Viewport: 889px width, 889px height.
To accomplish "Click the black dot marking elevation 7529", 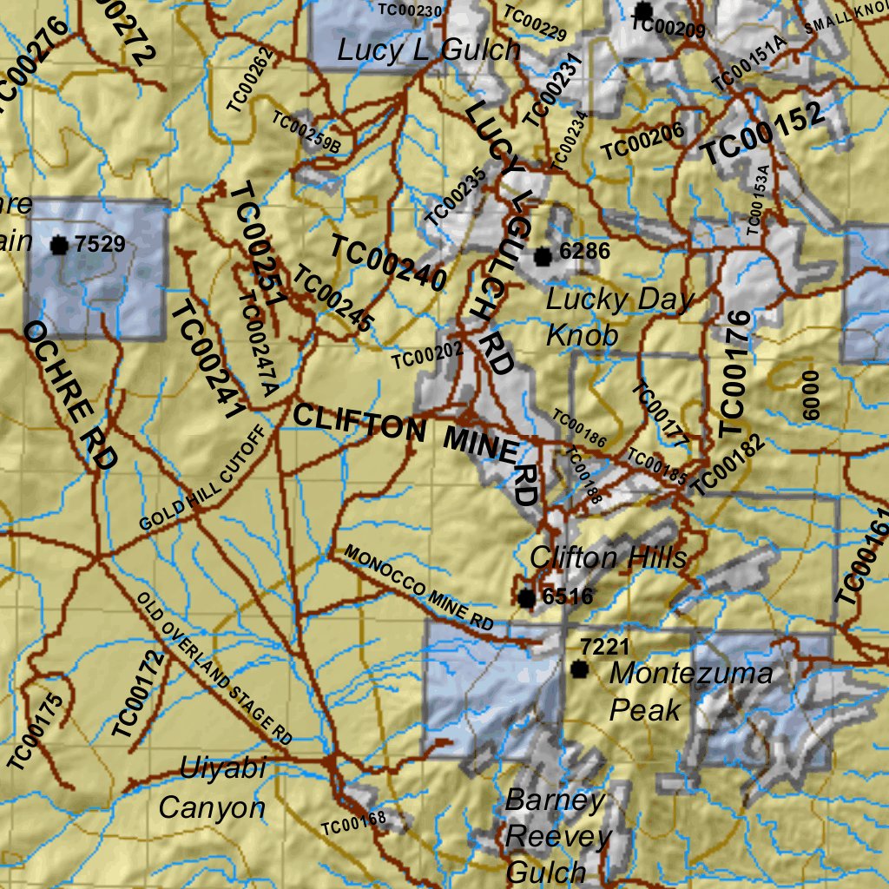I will tap(59, 245).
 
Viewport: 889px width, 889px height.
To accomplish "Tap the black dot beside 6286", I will tap(543, 256).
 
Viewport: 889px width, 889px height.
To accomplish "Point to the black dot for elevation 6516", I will tap(526, 597).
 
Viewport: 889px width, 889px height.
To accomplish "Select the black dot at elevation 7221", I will tap(579, 668).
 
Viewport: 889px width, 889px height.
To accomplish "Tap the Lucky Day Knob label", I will tap(620, 317).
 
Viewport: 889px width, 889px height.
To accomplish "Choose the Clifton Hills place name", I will tap(608, 557).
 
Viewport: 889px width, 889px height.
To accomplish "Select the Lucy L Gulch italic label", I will tap(429, 49).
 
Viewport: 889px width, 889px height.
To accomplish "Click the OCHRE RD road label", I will tap(69, 395).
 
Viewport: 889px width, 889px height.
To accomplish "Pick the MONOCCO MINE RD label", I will tap(418, 588).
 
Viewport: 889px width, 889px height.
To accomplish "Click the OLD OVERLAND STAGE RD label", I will tap(214, 668).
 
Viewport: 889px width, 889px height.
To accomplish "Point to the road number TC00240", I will tap(388, 262).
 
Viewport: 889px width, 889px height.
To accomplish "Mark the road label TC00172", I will tap(137, 695).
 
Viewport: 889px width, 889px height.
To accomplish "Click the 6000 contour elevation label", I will tap(811, 395).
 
